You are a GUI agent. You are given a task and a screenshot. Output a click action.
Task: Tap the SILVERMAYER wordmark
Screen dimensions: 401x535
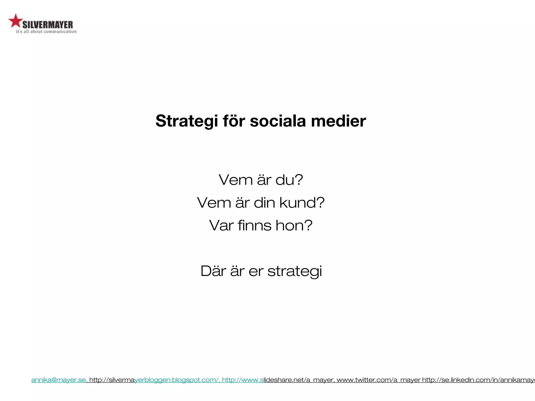[48, 25]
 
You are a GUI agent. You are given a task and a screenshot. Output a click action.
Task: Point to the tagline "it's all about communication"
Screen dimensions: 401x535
[46, 32]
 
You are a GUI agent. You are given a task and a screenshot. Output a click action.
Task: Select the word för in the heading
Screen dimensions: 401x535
[234, 121]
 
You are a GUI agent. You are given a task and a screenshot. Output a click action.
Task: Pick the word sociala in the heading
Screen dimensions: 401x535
[278, 121]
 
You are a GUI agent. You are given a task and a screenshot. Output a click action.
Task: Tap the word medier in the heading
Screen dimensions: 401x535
[338, 121]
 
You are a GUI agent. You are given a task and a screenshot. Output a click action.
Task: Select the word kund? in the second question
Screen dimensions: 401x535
[302, 203]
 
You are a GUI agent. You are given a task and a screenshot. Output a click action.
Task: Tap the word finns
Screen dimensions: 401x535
[255, 225]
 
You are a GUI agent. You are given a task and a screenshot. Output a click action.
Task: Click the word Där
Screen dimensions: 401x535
[213, 271]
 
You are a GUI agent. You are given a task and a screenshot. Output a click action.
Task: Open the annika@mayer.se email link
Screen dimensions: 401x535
[59, 380]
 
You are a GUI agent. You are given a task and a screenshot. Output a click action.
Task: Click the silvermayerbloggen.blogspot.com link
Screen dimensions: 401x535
[154, 380]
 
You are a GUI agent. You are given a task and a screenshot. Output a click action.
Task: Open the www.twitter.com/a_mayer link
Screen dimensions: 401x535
[379, 380]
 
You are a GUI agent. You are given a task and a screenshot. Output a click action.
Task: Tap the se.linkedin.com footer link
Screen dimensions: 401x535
[478, 380]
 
